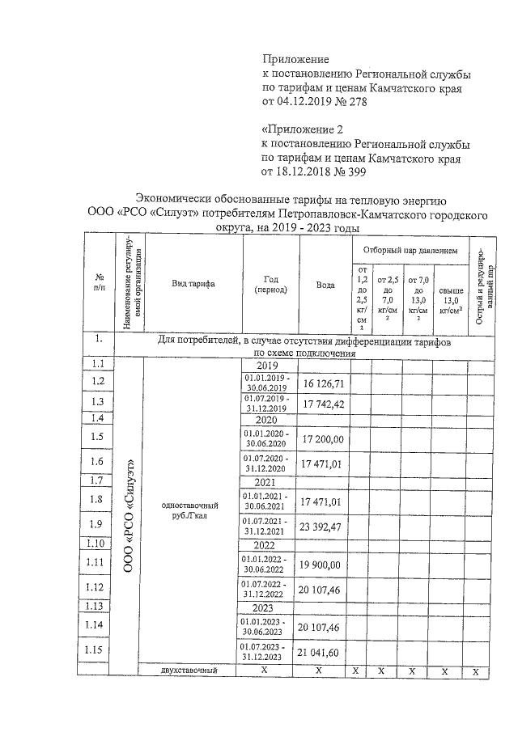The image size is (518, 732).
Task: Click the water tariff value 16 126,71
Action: click(323, 382)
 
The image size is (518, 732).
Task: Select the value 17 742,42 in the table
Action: click(323, 403)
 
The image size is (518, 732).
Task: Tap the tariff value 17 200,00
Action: click(323, 438)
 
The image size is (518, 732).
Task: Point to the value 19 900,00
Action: click(323, 565)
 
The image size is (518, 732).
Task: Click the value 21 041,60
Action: click(323, 652)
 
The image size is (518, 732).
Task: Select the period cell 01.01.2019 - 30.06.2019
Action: click(266, 382)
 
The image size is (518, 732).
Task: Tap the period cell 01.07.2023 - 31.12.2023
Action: click(266, 652)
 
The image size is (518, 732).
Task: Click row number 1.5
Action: click(99, 438)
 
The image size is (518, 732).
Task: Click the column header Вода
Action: click(325, 285)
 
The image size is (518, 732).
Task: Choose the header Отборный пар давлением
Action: click(410, 251)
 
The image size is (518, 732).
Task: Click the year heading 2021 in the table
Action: click(266, 482)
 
